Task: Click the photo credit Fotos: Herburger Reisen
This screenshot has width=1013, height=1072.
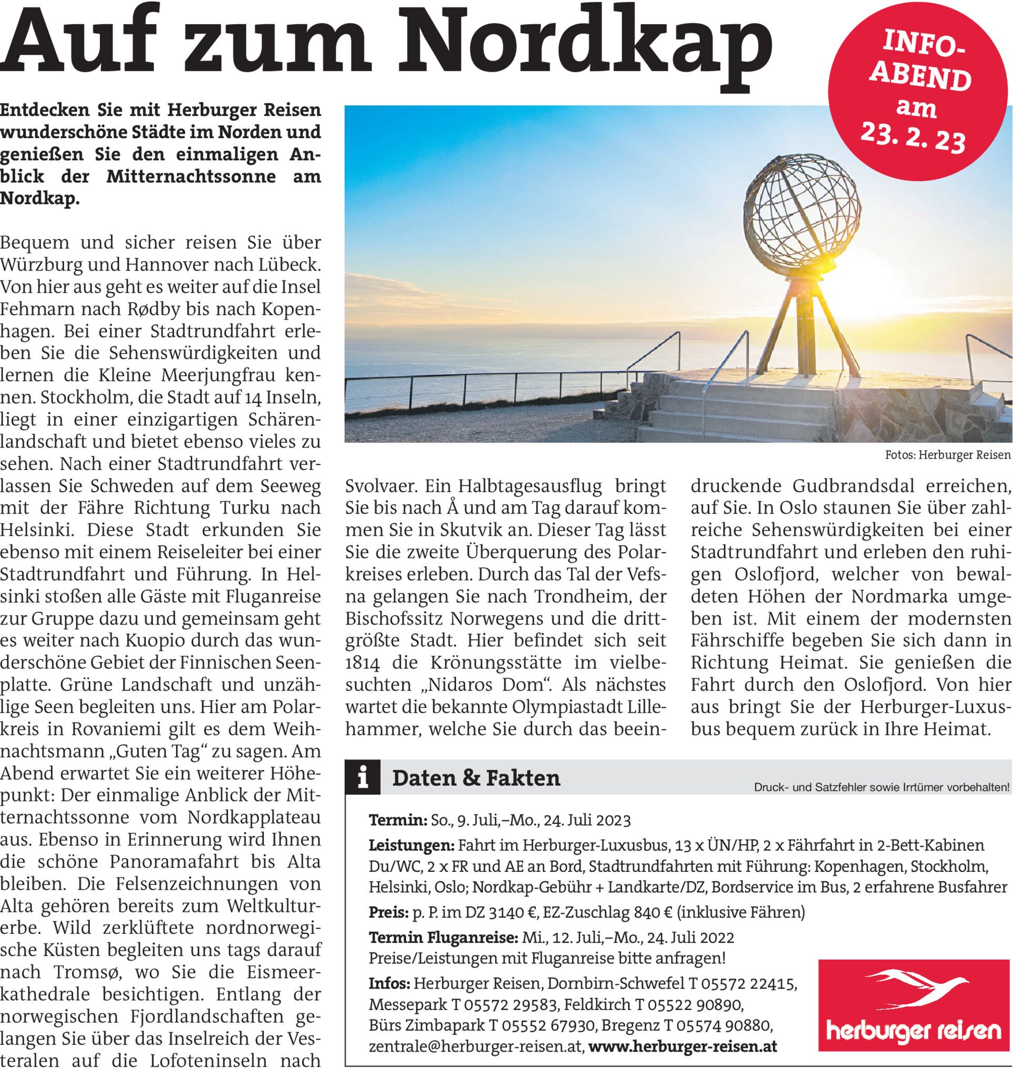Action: [x=948, y=455]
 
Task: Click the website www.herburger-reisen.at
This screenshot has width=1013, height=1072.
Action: [x=683, y=1047]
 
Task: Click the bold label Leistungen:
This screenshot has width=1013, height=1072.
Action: [x=411, y=845]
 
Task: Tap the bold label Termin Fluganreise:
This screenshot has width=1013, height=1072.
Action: [x=443, y=938]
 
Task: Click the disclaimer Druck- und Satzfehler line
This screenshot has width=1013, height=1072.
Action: [x=881, y=787]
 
